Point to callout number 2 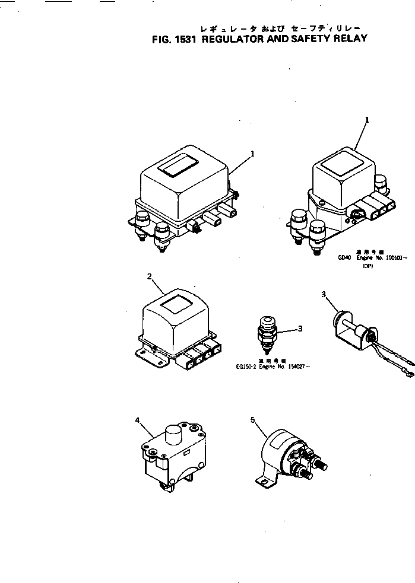(150, 276)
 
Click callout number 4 (138, 420)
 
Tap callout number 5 (252, 420)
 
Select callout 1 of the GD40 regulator (367, 119)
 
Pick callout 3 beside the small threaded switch (300, 328)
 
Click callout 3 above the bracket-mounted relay (323, 294)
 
